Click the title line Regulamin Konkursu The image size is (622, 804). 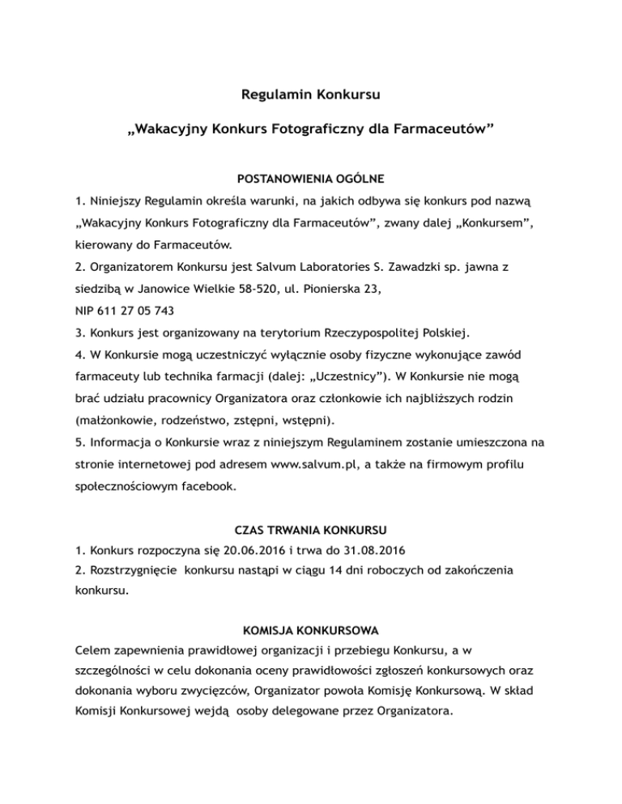tap(311, 95)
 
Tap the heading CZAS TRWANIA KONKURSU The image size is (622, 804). tap(311, 531)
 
